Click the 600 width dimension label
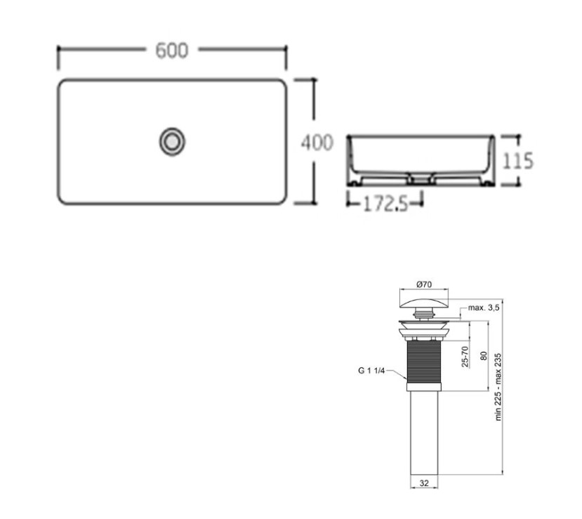[x=172, y=51]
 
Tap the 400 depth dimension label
[x=317, y=143]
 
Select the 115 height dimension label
[x=518, y=161]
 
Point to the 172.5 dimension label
[x=385, y=204]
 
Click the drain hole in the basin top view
[x=172, y=141]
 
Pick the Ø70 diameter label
[x=424, y=284]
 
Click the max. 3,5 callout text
[x=484, y=308]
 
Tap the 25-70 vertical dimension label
[x=465, y=356]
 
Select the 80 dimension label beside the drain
[x=484, y=355]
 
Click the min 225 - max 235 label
[x=498, y=387]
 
